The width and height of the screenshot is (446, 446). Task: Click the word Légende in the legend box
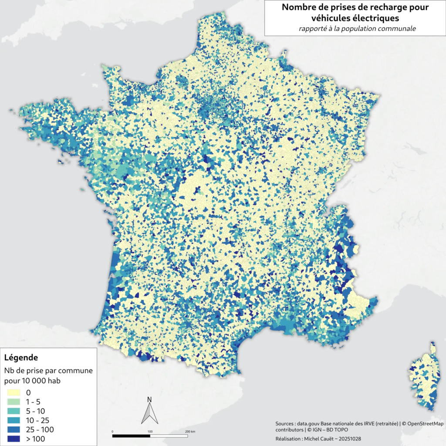[21, 358]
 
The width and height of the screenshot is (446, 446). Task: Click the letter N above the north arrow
[149, 399]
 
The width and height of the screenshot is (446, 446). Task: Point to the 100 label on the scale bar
[150, 431]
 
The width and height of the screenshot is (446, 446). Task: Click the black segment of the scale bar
[131, 435]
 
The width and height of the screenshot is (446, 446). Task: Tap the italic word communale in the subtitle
[396, 29]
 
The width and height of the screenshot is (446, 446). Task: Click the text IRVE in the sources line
[357, 423]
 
